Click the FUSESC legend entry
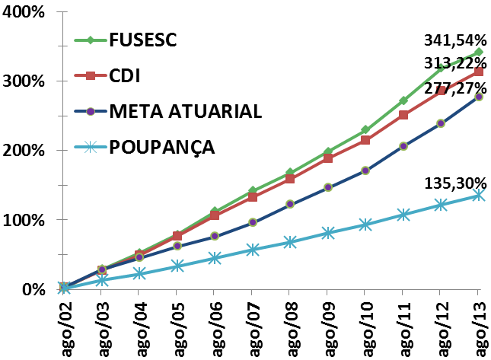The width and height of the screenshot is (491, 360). pos(142,40)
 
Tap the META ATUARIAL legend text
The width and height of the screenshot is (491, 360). pos(186,111)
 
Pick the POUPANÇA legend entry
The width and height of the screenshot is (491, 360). pos(162,147)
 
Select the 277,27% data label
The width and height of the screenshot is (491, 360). pos(454,88)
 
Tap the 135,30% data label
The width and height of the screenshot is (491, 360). pos(454,183)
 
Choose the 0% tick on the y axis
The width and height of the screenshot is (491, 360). pos(30,290)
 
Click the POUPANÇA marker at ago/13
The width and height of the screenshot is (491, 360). pos(479,195)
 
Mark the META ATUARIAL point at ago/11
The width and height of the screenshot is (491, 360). pos(403,146)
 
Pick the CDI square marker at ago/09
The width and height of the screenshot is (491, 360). pos(328,158)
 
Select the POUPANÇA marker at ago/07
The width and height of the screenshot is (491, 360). pos(253,249)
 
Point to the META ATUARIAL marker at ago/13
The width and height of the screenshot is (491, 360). pos(479,97)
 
